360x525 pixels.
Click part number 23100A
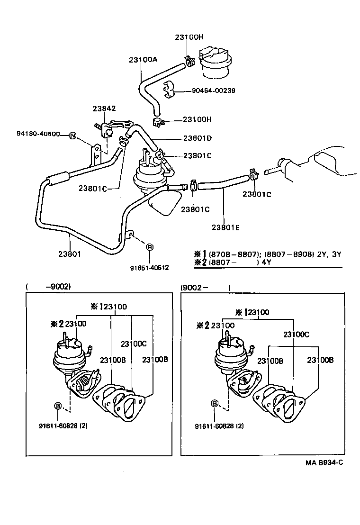(x=143, y=60)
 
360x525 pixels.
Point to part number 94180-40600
(x=36, y=134)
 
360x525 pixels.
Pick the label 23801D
(x=198, y=138)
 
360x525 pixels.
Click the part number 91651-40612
(x=149, y=268)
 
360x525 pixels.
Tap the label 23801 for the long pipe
(x=70, y=253)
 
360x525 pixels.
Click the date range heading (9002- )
(x=205, y=288)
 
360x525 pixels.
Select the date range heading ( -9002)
(x=48, y=287)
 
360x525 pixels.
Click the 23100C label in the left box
(x=134, y=344)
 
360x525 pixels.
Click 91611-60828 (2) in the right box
(x=219, y=426)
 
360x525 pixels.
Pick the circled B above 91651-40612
(x=149, y=247)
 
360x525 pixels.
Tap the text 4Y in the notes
(x=267, y=261)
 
